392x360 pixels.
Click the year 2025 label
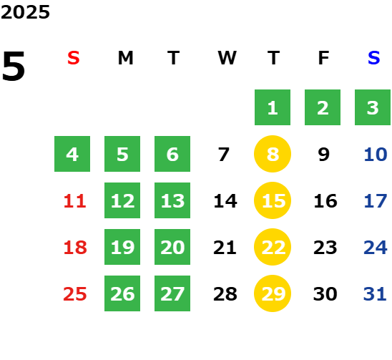coord(25,12)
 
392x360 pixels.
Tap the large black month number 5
coord(14,66)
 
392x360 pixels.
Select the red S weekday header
coord(74,58)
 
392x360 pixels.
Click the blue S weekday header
coord(374,58)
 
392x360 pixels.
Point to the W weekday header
coord(227,58)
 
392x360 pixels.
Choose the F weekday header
coord(324,58)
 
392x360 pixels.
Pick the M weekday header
coord(125,58)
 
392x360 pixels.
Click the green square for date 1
coord(273,107)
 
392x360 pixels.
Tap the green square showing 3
coord(373,107)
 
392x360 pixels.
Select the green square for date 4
coord(72,154)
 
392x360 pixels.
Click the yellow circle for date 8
coord(273,154)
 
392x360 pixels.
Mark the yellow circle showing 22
coord(273,247)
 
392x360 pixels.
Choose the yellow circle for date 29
coord(273,293)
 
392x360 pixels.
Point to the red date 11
coord(75,201)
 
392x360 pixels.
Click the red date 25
coord(75,294)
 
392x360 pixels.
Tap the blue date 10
coord(376,155)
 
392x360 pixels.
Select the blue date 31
coord(375,294)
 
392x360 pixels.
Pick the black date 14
coord(225,201)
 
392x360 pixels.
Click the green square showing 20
coord(172,247)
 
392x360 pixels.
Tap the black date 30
coord(325,294)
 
